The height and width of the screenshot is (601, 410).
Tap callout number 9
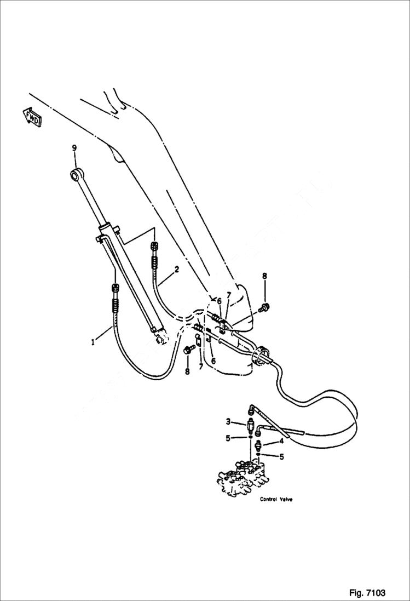[74, 148]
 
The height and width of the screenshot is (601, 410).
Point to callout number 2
[177, 269]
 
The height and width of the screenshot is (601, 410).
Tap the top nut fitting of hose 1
[115, 289]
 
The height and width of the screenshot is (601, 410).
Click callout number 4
[281, 440]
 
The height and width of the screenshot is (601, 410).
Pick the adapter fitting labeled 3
[251, 425]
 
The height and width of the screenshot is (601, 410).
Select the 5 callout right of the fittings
[281, 456]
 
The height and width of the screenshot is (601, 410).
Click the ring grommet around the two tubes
[262, 355]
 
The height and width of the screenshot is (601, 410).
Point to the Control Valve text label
[276, 499]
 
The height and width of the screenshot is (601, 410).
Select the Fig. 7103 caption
[367, 593]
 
